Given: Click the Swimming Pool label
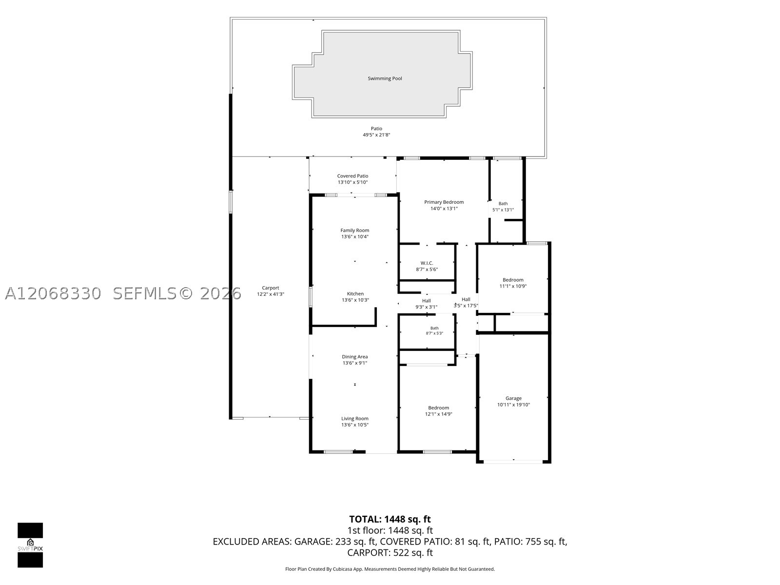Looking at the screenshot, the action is pyautogui.click(x=385, y=78).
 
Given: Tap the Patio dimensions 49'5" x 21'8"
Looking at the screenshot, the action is pyautogui.click(x=376, y=135).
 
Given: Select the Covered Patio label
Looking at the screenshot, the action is pyautogui.click(x=352, y=176).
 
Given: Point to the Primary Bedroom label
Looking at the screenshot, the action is pyautogui.click(x=444, y=202).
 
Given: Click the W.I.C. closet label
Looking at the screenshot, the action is pyautogui.click(x=427, y=263).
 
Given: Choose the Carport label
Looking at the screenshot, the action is pyautogui.click(x=271, y=288).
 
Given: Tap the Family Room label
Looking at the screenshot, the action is pyautogui.click(x=354, y=231).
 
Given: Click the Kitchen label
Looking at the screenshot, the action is pyautogui.click(x=355, y=294).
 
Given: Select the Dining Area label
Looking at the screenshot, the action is pyautogui.click(x=354, y=357).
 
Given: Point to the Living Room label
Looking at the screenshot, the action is pyautogui.click(x=354, y=418).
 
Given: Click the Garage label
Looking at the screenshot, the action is pyautogui.click(x=513, y=398).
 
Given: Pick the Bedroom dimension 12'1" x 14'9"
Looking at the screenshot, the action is pyautogui.click(x=438, y=414).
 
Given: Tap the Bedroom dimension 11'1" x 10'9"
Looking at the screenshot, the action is pyautogui.click(x=513, y=286).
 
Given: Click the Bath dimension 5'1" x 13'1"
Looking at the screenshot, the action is pyautogui.click(x=503, y=210).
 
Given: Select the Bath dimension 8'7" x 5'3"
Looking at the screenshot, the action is pyautogui.click(x=434, y=333).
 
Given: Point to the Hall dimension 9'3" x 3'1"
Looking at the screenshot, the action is pyautogui.click(x=426, y=307).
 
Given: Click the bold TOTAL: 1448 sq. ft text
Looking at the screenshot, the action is pyautogui.click(x=390, y=519).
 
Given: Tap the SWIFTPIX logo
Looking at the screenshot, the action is pyautogui.click(x=30, y=545).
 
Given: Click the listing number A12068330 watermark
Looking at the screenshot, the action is pyautogui.click(x=53, y=294).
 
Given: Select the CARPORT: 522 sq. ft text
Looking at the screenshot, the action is pyautogui.click(x=390, y=553).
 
